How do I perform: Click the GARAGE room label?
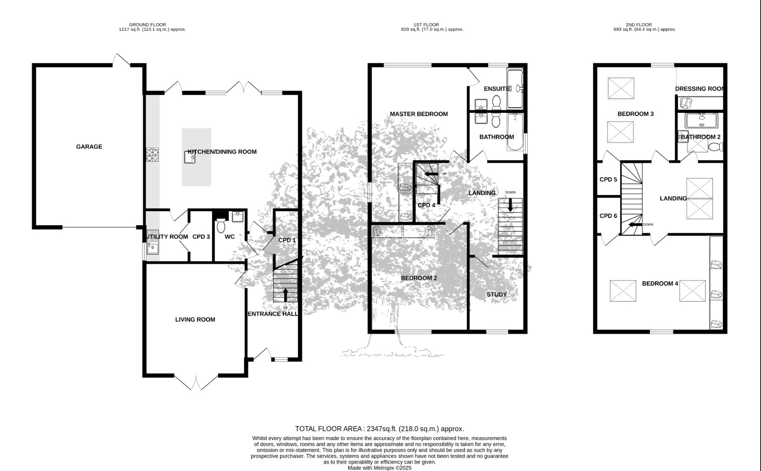point(89,147)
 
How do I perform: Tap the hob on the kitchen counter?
point(152,155)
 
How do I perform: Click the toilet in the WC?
point(221,225)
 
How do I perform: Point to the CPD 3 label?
point(201,237)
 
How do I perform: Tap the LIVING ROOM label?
point(195,320)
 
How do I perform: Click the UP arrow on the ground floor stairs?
point(286,294)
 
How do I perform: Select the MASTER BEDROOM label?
point(419,114)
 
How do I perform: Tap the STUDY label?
point(496,294)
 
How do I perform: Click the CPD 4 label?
point(426,205)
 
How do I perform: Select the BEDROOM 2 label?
point(419,278)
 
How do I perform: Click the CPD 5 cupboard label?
point(608,180)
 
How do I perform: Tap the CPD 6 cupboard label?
point(608,216)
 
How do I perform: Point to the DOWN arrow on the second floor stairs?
point(635,224)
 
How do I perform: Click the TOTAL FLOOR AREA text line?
point(379,429)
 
